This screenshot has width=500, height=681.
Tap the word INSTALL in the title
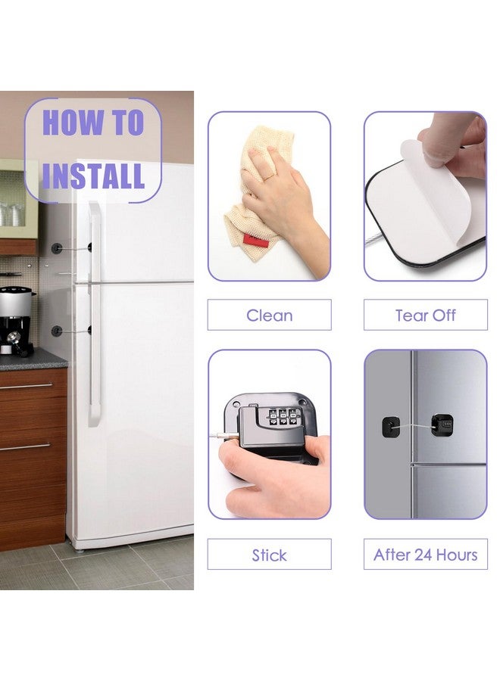click(x=93, y=176)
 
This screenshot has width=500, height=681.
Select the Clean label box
click(x=269, y=315)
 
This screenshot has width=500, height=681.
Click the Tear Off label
click(x=425, y=315)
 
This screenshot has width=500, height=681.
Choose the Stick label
click(x=269, y=555)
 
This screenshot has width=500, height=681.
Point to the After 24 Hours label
click(x=425, y=555)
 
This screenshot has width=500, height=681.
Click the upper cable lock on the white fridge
click(x=72, y=248)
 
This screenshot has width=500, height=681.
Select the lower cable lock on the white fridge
click(x=72, y=331)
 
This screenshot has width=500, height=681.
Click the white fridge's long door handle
click(x=95, y=313)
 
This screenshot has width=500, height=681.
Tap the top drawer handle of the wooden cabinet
click(x=26, y=386)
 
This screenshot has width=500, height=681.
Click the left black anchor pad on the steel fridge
click(x=391, y=427)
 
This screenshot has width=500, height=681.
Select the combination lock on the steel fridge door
click(x=442, y=424)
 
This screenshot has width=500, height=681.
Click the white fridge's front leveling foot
click(x=79, y=550)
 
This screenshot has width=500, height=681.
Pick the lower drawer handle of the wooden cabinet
click(x=25, y=446)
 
